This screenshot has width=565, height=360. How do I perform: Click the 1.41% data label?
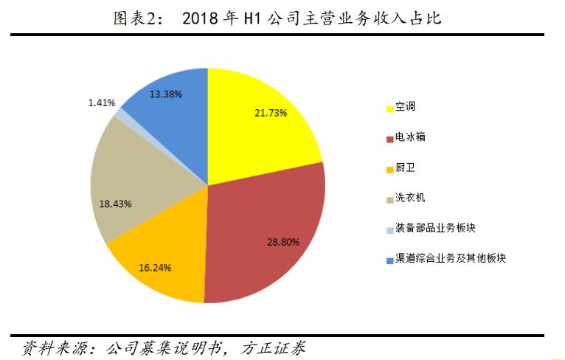tap(101, 103)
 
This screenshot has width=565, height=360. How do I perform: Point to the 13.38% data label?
tap(165, 94)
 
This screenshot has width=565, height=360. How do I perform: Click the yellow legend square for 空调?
tap(389, 108)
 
